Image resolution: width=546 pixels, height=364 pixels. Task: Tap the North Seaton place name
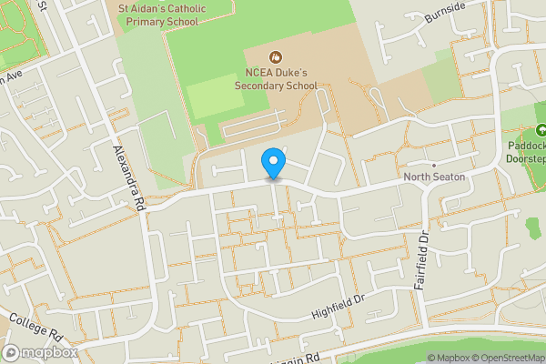pyautogui.click(x=434, y=177)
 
